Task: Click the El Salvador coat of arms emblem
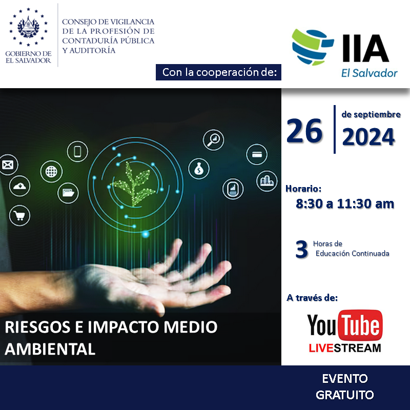28,27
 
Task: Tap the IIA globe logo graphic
313,47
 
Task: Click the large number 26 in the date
304,131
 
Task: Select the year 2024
368,137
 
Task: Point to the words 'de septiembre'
371,114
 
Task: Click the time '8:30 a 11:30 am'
345,203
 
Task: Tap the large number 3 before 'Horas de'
301,249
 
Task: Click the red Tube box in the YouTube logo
360,325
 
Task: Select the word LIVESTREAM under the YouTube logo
345,348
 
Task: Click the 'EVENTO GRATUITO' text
344,387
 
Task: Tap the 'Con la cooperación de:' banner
219,72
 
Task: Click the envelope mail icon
8,165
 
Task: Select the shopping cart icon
20,216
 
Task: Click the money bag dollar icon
199,169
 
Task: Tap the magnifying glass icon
214,140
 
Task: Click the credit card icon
257,155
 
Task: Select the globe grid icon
51,172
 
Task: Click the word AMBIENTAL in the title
50,349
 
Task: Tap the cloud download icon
20,186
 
